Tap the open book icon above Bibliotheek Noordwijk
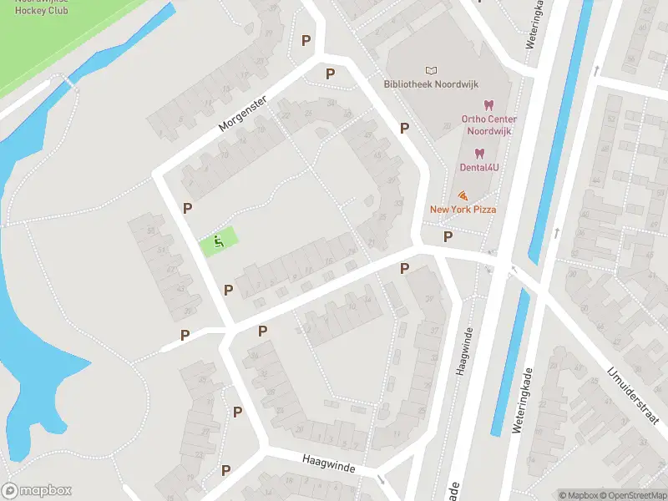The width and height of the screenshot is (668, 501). click(x=431, y=70)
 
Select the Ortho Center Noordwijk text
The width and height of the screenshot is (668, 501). click(x=489, y=124)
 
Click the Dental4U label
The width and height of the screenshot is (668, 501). click(x=479, y=167)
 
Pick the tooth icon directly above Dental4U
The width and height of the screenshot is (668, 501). click(x=479, y=153)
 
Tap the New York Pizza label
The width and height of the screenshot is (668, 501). click(x=463, y=209)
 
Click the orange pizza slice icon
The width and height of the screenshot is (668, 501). click(x=463, y=195)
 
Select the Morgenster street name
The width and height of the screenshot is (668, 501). click(x=242, y=113)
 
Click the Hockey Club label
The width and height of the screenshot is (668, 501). click(x=41, y=10)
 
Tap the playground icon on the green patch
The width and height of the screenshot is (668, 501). click(x=219, y=242)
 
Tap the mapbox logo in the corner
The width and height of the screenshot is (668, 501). click(x=37, y=491)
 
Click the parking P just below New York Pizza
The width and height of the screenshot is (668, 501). click(x=448, y=237)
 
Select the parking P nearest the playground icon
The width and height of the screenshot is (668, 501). click(x=188, y=209)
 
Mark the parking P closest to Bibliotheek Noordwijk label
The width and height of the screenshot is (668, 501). click(x=404, y=128)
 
